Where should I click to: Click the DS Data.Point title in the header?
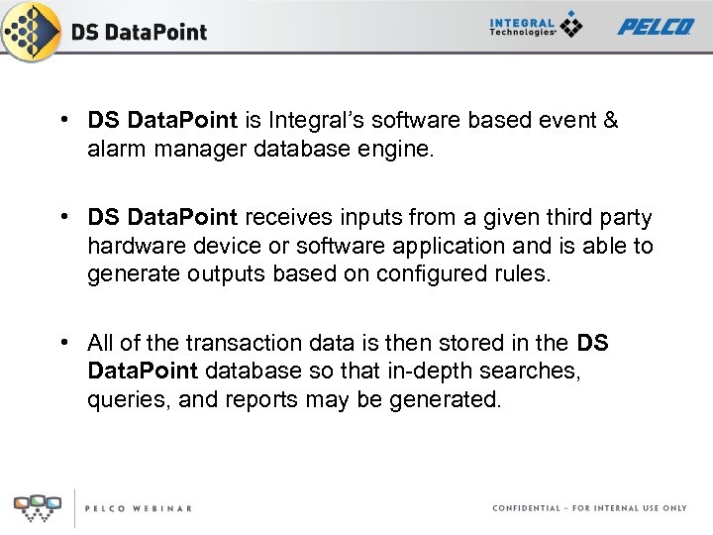139,32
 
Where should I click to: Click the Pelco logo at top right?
656,27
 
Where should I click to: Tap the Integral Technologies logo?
536,27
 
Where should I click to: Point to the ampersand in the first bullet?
610,121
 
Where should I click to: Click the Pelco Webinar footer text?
138,508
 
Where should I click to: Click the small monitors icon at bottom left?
38,506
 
